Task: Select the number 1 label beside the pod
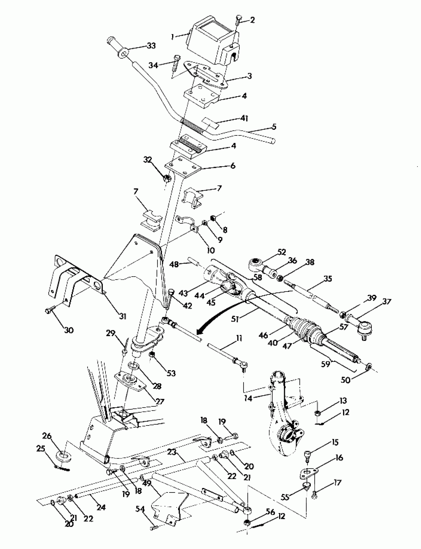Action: [x=172, y=37]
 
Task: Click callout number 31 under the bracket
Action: [x=123, y=317]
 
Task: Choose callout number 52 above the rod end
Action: [x=282, y=252]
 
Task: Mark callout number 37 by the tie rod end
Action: [x=387, y=301]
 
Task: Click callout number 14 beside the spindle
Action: [x=248, y=398]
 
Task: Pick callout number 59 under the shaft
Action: [x=326, y=364]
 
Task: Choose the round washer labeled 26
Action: [x=63, y=456]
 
